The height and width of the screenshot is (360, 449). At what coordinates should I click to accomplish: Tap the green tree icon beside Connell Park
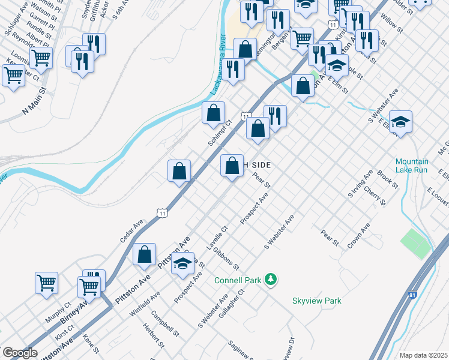271,279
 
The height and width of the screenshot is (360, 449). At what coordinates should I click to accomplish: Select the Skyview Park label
316,301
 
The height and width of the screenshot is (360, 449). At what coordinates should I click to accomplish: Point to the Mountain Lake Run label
412,166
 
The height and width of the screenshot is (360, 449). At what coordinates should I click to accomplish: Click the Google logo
20,353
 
